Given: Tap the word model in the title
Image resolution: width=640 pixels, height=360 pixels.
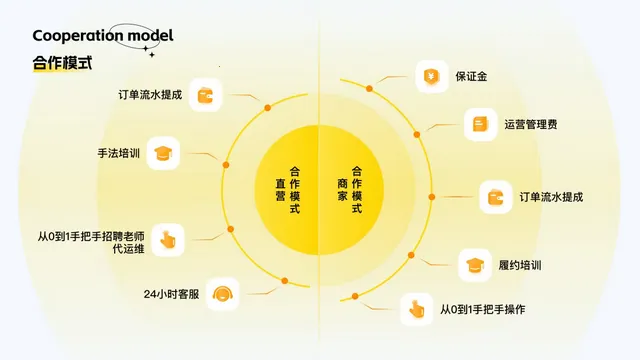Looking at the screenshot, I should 146,36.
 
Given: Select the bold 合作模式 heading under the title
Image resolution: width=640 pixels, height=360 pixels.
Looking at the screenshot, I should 62,63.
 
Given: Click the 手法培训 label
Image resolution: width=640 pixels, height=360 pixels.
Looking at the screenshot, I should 118,154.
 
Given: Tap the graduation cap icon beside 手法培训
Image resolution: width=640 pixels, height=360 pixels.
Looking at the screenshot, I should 163,153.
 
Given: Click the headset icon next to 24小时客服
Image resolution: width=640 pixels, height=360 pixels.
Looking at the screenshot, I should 224,294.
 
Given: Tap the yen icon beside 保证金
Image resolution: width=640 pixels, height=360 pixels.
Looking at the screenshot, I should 432,76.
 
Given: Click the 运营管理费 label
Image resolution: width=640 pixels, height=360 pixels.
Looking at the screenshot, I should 531,125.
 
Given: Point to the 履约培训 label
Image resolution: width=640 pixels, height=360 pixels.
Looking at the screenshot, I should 519,266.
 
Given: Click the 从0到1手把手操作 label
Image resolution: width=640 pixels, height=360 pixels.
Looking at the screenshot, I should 483,309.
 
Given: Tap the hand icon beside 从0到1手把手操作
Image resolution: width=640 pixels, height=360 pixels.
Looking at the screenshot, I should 417,310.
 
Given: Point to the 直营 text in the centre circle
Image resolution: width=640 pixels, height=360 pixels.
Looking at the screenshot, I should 281,190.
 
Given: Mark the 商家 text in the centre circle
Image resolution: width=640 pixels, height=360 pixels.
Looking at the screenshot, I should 343,190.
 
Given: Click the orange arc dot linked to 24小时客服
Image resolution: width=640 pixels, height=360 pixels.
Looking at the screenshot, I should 284,281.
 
